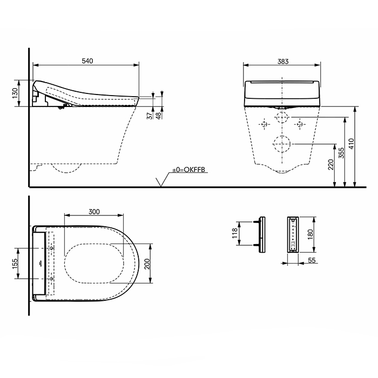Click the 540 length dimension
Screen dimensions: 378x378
pos(87,61)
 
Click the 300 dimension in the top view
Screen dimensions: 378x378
pos(94,212)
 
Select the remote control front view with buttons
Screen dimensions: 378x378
pos(293,234)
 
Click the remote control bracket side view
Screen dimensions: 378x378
pos(262,234)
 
